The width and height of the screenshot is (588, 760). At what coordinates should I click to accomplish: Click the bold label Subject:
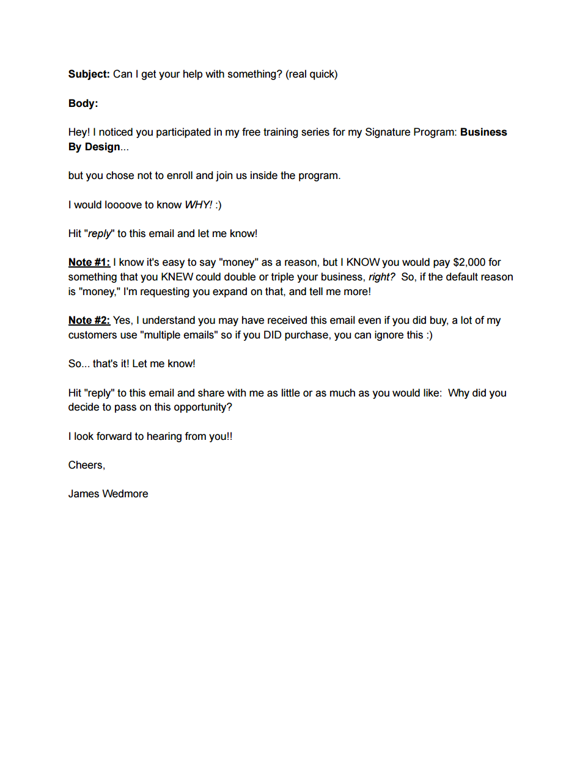pyautogui.click(x=89, y=74)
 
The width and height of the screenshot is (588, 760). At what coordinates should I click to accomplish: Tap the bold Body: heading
pyautogui.click(x=83, y=103)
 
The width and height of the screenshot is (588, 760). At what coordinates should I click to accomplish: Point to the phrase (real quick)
pyautogui.click(x=311, y=74)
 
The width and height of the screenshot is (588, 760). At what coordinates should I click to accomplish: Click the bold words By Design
pyautogui.click(x=94, y=147)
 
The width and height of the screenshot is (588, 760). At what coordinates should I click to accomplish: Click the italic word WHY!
pyautogui.click(x=198, y=205)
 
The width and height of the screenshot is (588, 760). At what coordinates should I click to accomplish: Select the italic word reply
pyautogui.click(x=100, y=233)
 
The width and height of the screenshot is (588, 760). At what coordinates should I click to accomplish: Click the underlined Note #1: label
pyautogui.click(x=89, y=262)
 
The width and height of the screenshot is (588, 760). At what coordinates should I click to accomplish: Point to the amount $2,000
pyautogui.click(x=469, y=262)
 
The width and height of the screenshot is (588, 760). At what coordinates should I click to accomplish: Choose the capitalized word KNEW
pyautogui.click(x=177, y=277)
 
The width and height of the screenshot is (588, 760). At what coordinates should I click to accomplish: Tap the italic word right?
pyautogui.click(x=381, y=277)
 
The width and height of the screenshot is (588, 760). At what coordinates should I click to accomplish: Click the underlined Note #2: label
pyautogui.click(x=89, y=320)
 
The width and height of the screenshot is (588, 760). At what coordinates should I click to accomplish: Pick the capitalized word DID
pyautogui.click(x=272, y=335)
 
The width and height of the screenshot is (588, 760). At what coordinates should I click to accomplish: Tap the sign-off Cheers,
pyautogui.click(x=86, y=465)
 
